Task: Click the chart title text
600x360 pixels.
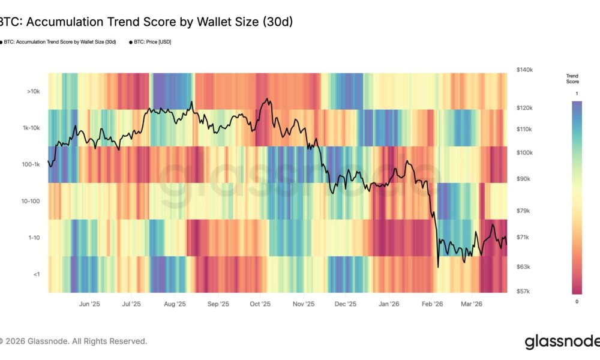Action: coord(146,22)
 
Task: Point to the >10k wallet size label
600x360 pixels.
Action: coord(34,92)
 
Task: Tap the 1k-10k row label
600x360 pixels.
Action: coord(31,128)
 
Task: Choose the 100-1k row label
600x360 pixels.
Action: coord(31,164)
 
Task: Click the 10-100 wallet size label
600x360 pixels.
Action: coord(31,201)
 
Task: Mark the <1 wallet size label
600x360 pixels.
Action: coord(36,274)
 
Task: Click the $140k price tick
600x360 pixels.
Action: coord(524,70)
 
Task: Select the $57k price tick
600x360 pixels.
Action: coord(523,291)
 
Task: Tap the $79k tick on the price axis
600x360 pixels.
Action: coord(523,211)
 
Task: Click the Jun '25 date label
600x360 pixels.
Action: coord(89,304)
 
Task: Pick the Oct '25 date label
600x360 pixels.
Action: coord(260,304)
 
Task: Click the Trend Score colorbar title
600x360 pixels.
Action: coord(572,79)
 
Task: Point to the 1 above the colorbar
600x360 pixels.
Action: coord(577,94)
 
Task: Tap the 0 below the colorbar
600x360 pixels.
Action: coord(577,301)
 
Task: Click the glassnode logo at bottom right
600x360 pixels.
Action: coord(562,342)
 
